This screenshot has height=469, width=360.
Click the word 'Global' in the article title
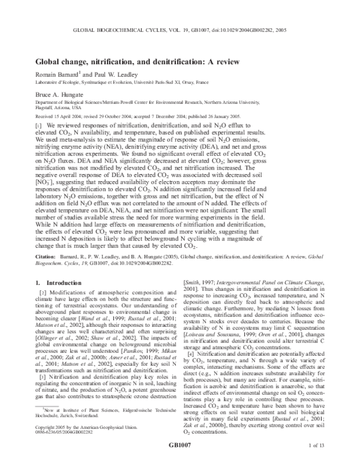pos(50,61)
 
